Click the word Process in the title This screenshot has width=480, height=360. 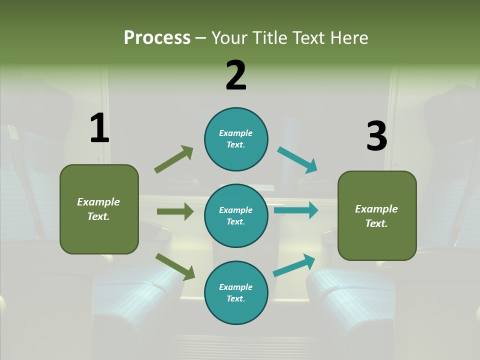coord(157,38)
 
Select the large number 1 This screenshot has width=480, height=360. coord(99,128)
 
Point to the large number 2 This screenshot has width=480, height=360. coord(236,75)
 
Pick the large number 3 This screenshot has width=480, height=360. coord(376,136)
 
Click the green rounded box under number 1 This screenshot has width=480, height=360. coord(99,209)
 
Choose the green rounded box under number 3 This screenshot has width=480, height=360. coord(377,215)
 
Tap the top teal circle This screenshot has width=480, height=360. coord(236,139)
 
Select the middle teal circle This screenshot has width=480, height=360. coord(236,215)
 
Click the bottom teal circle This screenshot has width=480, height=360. coord(236,292)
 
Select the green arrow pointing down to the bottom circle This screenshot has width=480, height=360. coord(175,266)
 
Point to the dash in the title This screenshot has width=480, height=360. coord(201,38)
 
